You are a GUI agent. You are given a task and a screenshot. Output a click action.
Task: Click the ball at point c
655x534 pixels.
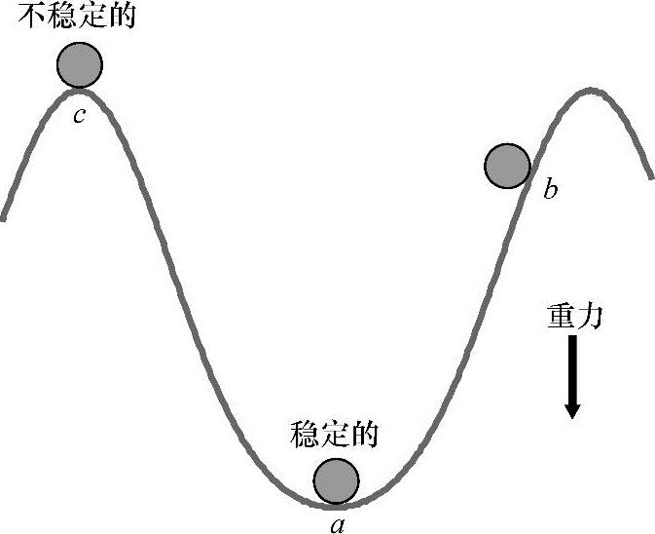[79, 65]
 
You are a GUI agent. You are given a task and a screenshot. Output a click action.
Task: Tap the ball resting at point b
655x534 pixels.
[507, 165]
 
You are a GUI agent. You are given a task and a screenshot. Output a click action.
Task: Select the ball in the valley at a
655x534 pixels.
[337, 479]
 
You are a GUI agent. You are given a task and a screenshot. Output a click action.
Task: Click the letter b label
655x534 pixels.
[551, 189]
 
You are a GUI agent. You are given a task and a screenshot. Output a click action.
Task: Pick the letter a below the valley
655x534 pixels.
[337, 523]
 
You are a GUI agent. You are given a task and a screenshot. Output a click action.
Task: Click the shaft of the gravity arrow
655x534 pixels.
[572, 365]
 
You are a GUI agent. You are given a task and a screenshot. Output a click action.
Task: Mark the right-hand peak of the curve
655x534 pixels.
[589, 91]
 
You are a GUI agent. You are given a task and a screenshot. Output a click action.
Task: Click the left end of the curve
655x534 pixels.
[5, 217]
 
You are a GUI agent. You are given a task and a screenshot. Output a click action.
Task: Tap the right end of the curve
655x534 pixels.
[650, 176]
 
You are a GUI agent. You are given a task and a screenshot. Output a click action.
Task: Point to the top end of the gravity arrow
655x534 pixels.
[572, 339]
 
